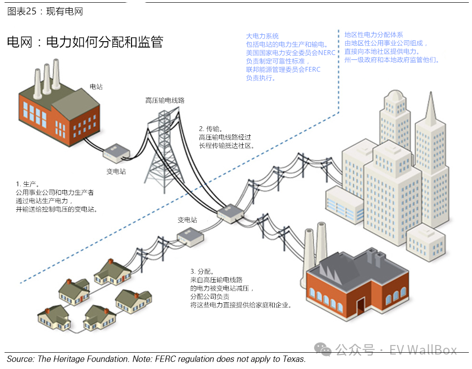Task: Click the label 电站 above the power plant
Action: click(x=96, y=86)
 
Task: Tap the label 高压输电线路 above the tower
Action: click(x=165, y=101)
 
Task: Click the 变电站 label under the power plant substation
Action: click(x=116, y=172)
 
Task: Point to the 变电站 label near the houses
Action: click(x=187, y=220)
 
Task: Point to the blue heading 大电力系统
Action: click(x=263, y=36)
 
